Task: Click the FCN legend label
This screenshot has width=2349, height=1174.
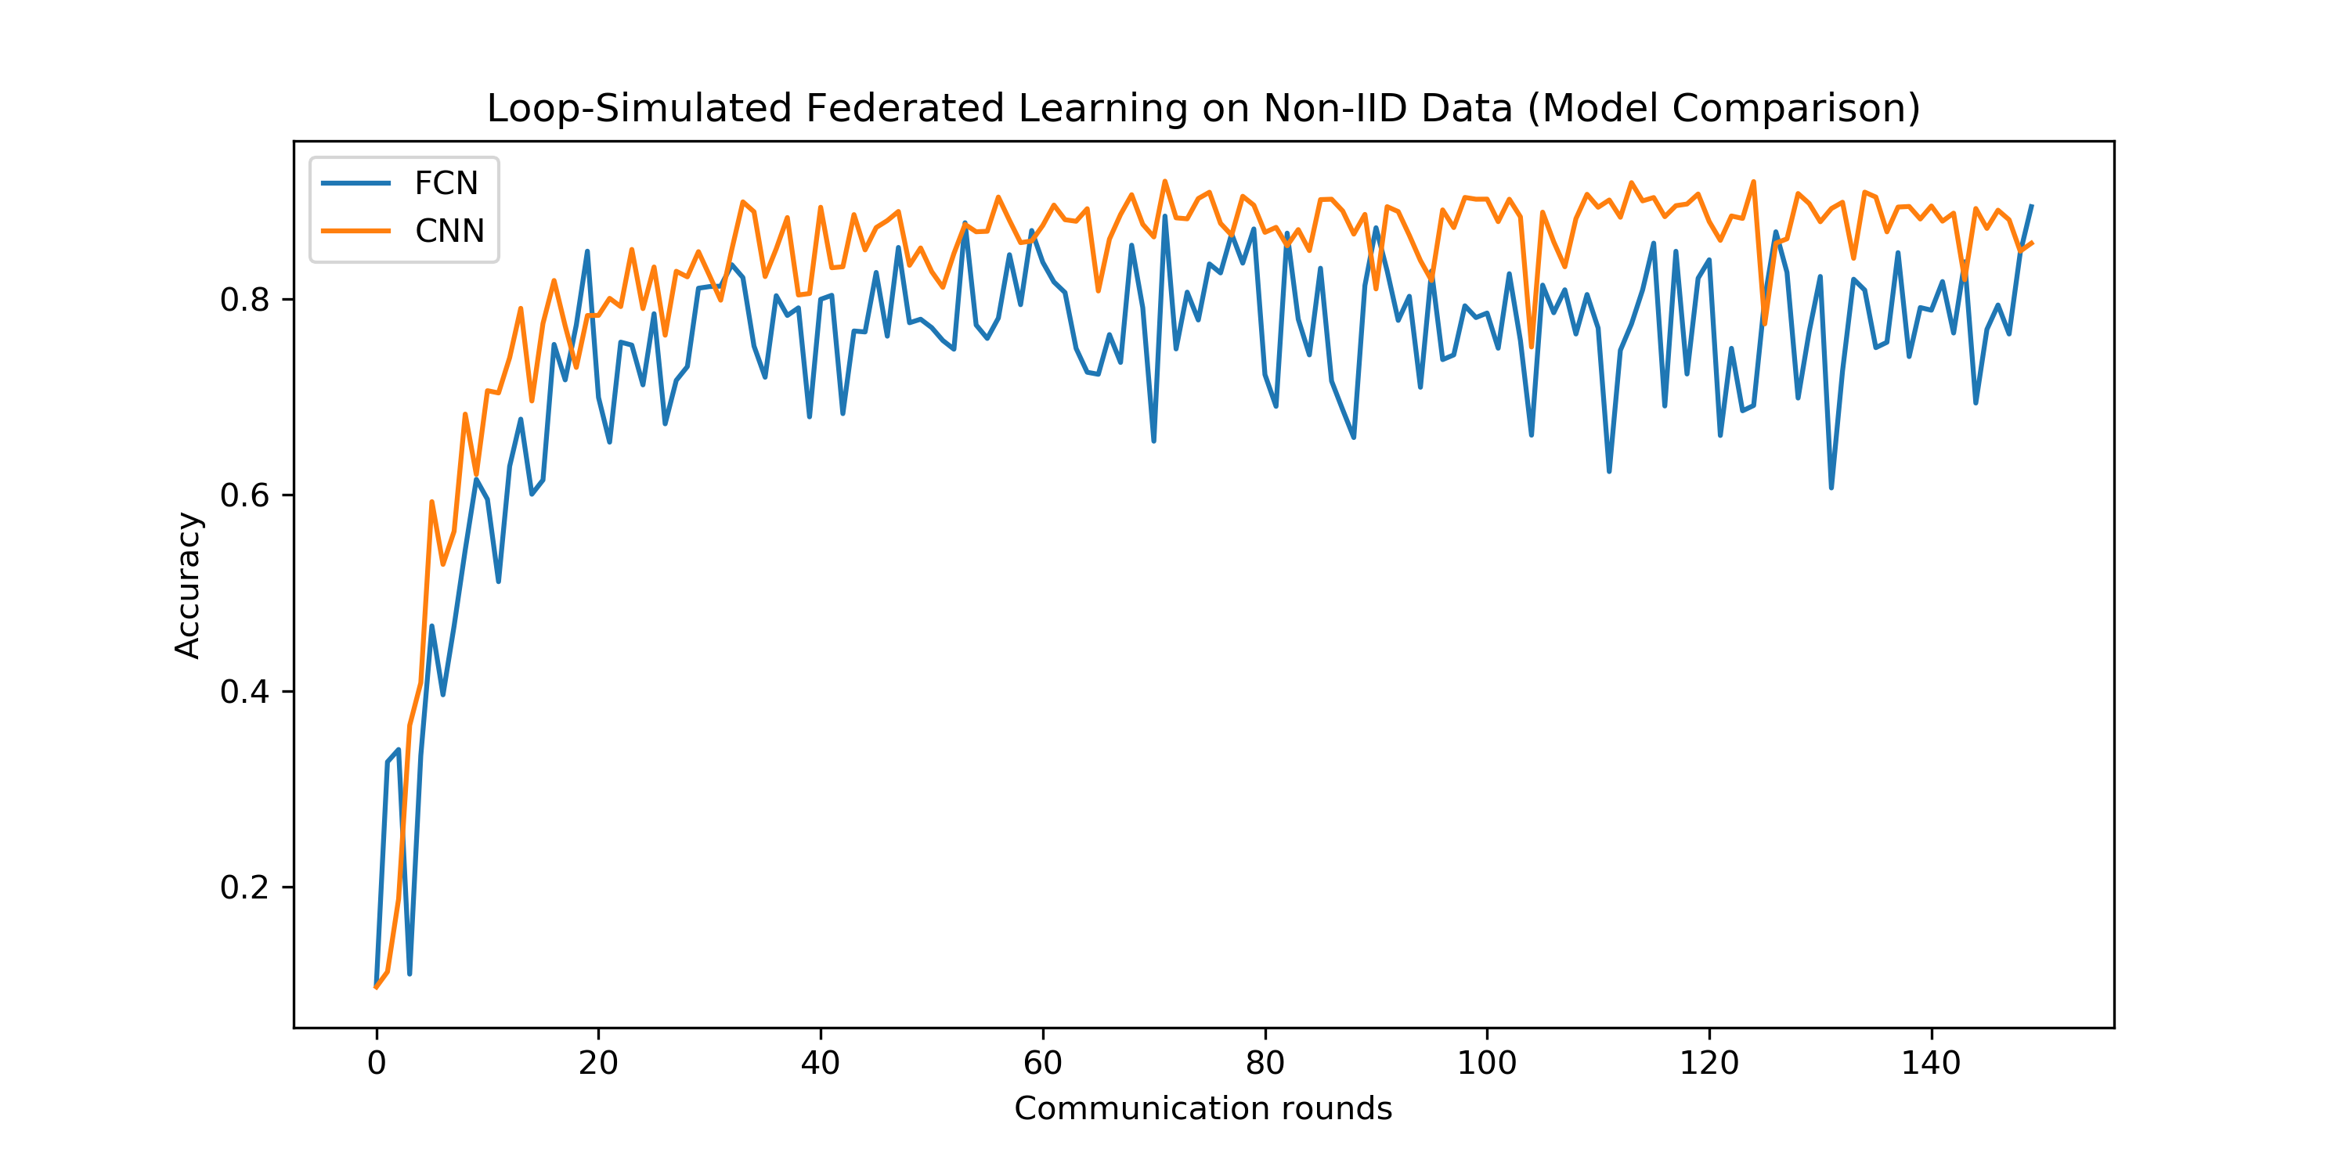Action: (445, 183)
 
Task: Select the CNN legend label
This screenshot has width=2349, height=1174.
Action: (449, 231)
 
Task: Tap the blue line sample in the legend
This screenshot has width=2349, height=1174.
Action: (355, 183)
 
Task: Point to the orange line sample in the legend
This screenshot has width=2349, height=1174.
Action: (355, 231)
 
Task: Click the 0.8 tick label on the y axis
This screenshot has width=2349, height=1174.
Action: (244, 300)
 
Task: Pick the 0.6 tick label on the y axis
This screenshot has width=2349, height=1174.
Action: (244, 496)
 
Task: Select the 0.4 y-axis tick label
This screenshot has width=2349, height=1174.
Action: (244, 692)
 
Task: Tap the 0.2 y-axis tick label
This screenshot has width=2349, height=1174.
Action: (244, 888)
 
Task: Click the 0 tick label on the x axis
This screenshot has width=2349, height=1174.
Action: (377, 1063)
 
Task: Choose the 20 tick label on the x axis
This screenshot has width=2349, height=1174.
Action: (598, 1063)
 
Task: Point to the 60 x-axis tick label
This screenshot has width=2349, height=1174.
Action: (1042, 1063)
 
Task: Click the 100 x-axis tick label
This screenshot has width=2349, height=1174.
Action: (1486, 1063)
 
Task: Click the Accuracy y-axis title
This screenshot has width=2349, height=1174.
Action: (188, 585)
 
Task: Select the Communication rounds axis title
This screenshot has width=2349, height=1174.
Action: (1203, 1108)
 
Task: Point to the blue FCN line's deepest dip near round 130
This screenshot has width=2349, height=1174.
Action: (1831, 488)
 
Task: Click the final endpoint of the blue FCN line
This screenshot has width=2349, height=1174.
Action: (2032, 206)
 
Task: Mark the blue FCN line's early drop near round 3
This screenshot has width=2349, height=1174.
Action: (410, 974)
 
